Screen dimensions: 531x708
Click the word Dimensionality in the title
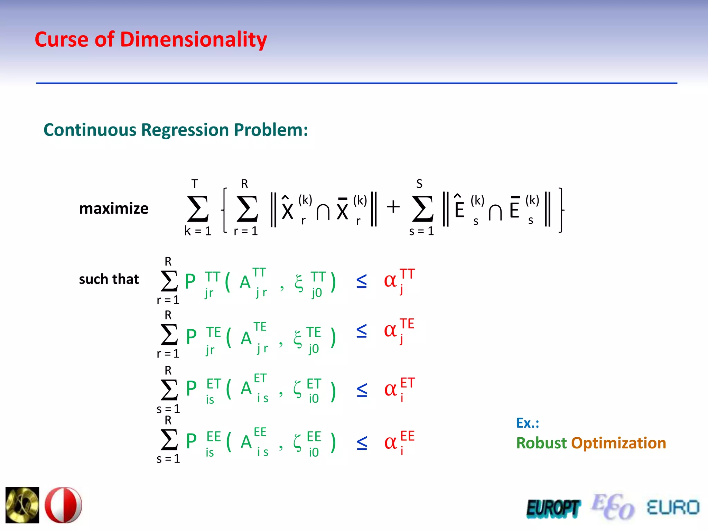click(194, 40)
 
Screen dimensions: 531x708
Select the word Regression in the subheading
click(185, 130)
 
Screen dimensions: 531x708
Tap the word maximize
click(114, 208)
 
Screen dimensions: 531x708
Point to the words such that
click(109, 279)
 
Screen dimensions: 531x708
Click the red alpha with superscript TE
click(390, 330)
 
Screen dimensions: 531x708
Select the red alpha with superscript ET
click(391, 390)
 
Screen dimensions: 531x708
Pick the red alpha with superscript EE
click(391, 442)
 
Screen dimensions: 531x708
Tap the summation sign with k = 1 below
click(198, 209)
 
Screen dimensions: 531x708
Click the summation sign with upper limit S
click(422, 209)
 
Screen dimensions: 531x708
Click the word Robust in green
click(541, 443)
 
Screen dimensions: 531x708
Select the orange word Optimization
click(618, 443)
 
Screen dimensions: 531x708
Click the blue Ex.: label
click(528, 423)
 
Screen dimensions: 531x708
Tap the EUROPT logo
click(553, 509)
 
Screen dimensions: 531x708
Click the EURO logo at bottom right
click(673, 508)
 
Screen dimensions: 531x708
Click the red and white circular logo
click(64, 505)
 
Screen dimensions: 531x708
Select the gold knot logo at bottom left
click(22, 505)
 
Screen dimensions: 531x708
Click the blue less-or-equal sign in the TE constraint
click(362, 331)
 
